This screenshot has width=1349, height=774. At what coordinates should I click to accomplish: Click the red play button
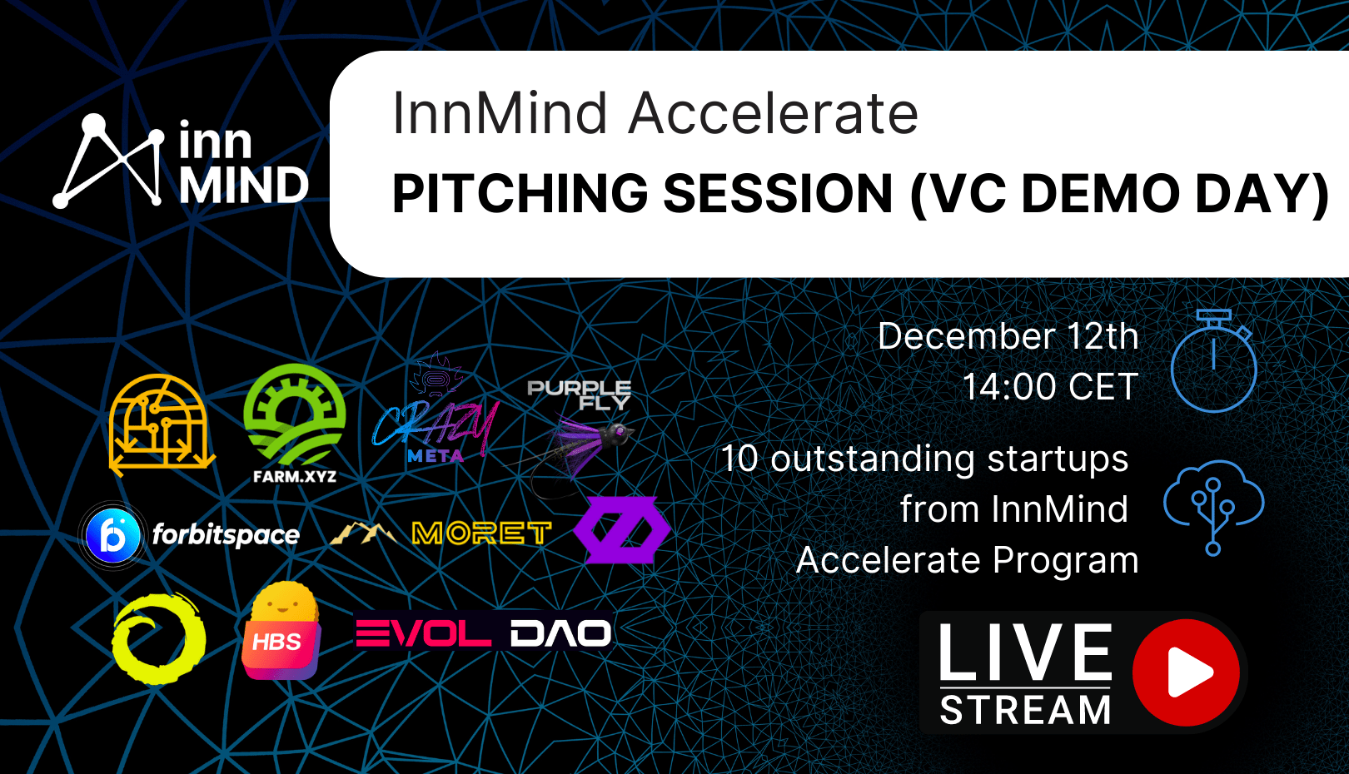pos(1186,672)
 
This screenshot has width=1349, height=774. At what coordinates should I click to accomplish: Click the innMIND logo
pos(181,161)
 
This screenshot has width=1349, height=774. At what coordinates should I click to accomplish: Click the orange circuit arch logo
pos(162,425)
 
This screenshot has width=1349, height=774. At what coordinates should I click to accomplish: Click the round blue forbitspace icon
pos(112,535)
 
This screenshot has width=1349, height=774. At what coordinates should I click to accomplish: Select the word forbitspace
pos(226,534)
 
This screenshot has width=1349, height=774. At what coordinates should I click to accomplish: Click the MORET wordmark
pos(481,533)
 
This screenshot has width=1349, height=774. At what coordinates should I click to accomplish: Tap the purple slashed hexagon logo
pos(621,530)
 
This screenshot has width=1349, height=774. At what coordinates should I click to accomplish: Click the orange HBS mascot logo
pos(281,631)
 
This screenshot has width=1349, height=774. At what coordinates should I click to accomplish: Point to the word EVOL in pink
pos(423,633)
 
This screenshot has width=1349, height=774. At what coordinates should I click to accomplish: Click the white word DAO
pos(561,633)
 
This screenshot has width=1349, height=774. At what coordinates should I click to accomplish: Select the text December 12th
pos(1008,335)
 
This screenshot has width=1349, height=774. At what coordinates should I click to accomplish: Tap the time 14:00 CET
pos(1050,386)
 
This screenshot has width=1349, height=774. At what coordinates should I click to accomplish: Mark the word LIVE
pos(1025,652)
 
